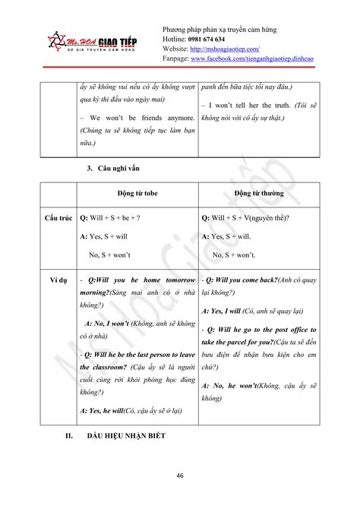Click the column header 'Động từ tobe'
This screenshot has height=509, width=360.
coord(136,194)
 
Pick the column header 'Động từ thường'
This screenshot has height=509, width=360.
coord(260,194)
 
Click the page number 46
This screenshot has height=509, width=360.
coord(179,476)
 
